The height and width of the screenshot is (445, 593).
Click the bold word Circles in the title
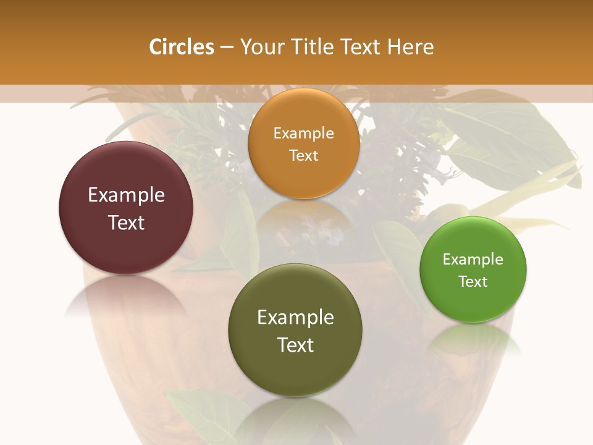coord(181,47)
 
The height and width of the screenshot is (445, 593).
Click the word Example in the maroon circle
coord(126,195)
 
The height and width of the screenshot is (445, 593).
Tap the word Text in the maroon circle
coord(126,222)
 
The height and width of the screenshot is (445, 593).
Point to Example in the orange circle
coord(303,133)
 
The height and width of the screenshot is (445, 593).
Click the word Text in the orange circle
coord(303,156)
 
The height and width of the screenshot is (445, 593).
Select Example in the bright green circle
coord(473,260)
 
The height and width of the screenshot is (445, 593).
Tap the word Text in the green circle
coord(473,282)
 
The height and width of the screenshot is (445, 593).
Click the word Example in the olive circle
coord(295,318)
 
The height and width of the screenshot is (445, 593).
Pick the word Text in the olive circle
coord(295,345)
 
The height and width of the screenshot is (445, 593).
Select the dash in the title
coord(227,48)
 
